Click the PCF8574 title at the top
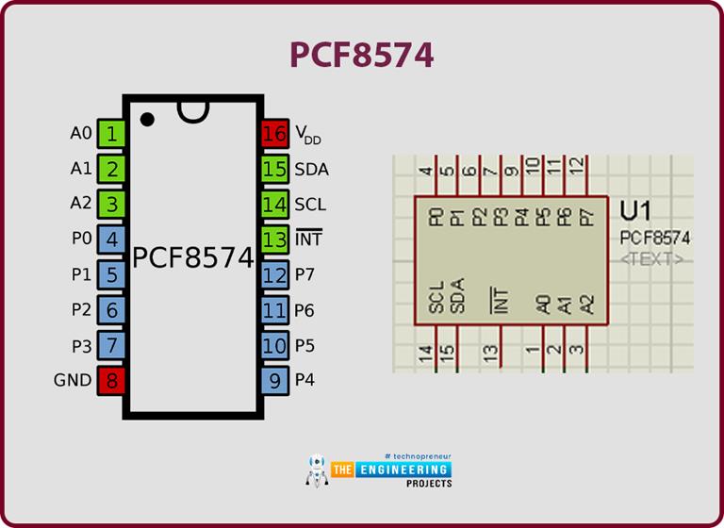(x=362, y=55)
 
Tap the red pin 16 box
(x=274, y=134)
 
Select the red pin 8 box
(x=112, y=381)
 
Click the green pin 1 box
(x=112, y=134)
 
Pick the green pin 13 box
(x=274, y=239)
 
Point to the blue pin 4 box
(x=112, y=239)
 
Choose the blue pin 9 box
(x=274, y=381)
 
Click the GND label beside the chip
(x=74, y=381)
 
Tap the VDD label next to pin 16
(x=307, y=135)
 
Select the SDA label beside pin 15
(x=311, y=170)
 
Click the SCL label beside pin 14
(x=310, y=205)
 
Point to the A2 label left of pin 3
(x=81, y=204)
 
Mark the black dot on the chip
(x=148, y=119)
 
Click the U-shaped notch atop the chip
(x=193, y=110)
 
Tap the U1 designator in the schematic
(x=637, y=211)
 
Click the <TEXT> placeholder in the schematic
(x=652, y=258)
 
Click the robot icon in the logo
(x=316, y=470)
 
